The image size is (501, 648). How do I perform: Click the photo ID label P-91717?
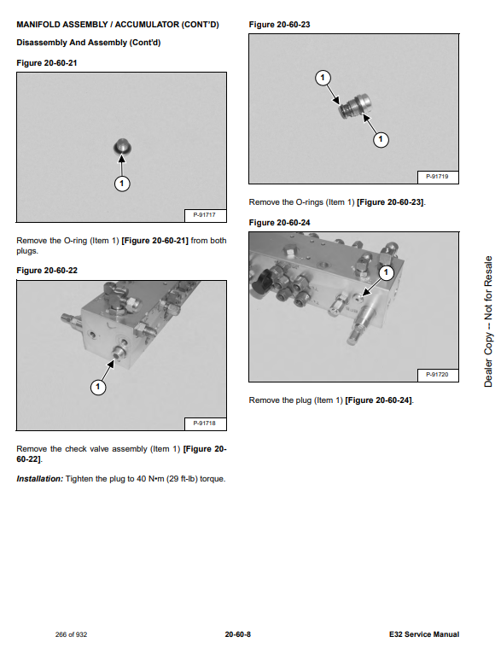tap(205, 215)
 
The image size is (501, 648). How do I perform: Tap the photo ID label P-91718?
tap(205, 423)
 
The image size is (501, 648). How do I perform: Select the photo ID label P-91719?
tap(437, 177)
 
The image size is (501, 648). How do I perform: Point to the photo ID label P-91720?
tap(437, 375)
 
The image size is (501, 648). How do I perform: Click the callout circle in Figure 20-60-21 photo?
tap(122, 184)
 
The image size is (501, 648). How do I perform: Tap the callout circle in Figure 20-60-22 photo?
tap(98, 388)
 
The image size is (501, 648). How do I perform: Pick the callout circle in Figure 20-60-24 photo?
tap(386, 272)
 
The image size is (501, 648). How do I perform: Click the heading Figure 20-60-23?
tap(279, 25)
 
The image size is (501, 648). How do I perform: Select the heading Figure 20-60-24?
tap(279, 223)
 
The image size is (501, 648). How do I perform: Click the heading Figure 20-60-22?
tap(47, 271)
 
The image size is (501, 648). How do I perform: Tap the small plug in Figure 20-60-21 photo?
tap(122, 147)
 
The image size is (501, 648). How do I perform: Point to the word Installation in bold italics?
tap(39, 479)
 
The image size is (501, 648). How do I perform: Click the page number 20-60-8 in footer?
tap(238, 634)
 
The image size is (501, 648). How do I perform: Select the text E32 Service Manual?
tap(424, 634)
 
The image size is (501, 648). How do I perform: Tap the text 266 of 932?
tap(71, 635)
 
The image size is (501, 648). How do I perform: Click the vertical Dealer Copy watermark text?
tap(488, 322)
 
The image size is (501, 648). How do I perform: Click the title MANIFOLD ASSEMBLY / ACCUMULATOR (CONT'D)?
tap(118, 25)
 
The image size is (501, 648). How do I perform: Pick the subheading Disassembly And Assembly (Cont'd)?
tap(89, 43)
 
